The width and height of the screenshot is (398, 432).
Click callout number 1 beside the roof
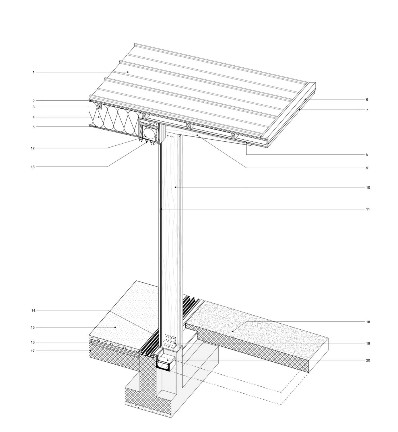pyautogui.click(x=33, y=72)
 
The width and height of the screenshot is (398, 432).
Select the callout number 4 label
pyautogui.click(x=33, y=117)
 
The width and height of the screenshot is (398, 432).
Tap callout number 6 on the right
pyautogui.click(x=367, y=99)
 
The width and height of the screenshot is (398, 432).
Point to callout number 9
pyautogui.click(x=367, y=168)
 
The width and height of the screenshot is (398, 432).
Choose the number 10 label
pyautogui.click(x=368, y=187)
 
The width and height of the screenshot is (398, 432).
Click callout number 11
pyautogui.click(x=368, y=209)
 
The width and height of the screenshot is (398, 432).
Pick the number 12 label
pyautogui.click(x=33, y=148)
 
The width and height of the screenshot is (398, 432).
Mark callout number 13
pyautogui.click(x=33, y=167)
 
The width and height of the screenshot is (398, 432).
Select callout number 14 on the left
pyautogui.click(x=33, y=310)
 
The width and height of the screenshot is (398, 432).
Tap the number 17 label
pyautogui.click(x=33, y=351)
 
